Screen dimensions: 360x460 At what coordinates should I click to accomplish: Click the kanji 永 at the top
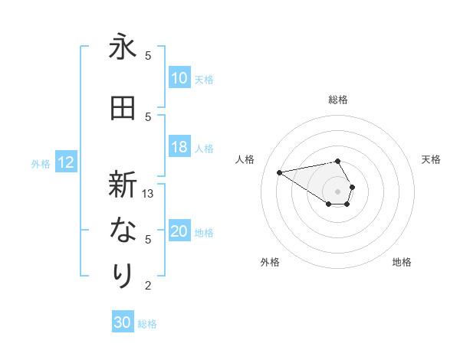(x=123, y=47)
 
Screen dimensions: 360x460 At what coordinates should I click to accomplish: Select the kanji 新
(x=123, y=186)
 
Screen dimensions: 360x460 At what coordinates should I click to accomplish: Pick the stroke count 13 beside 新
(x=148, y=194)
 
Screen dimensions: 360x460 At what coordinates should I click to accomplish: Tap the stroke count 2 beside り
(x=148, y=286)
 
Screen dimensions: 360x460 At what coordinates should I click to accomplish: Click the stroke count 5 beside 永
(x=148, y=55)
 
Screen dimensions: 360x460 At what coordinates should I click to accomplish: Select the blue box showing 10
(x=179, y=78)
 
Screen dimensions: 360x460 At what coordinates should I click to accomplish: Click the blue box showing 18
(x=179, y=148)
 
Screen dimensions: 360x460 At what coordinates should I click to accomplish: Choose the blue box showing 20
(x=179, y=232)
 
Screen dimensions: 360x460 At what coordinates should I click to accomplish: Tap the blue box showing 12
(x=65, y=162)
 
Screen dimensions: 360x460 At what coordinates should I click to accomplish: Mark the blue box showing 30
(x=123, y=322)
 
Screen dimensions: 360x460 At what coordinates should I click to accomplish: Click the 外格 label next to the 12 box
(x=40, y=163)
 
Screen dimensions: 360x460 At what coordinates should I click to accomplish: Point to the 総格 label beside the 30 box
(x=147, y=324)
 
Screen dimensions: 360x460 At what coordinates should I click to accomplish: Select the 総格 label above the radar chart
(x=337, y=100)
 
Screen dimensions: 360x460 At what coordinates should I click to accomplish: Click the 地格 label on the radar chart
(x=402, y=262)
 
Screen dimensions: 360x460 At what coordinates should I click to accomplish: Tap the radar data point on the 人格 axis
(x=280, y=172)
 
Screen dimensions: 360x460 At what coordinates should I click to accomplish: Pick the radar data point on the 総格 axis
(x=337, y=161)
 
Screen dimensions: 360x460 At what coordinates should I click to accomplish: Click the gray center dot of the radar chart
(x=337, y=191)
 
